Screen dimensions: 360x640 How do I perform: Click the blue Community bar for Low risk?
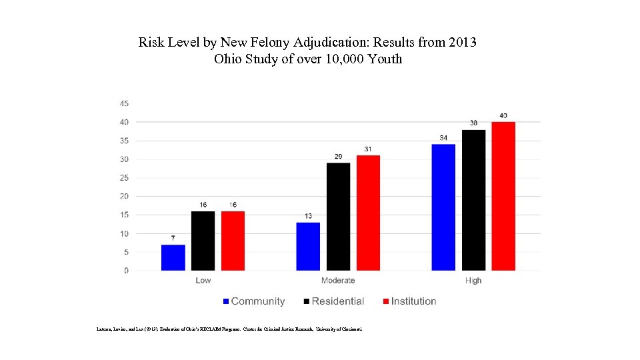click(x=173, y=257)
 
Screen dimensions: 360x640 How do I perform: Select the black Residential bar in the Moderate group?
click(x=338, y=217)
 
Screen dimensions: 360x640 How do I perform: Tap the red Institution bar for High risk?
click(x=503, y=196)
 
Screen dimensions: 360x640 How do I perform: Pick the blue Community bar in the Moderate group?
click(x=308, y=246)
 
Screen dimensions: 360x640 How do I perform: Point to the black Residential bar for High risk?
click(x=473, y=200)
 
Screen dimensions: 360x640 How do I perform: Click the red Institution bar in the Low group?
click(x=233, y=241)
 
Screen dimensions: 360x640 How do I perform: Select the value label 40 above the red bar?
click(x=503, y=116)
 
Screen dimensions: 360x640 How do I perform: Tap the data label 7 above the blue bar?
click(x=173, y=238)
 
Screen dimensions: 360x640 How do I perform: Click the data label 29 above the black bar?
click(x=338, y=157)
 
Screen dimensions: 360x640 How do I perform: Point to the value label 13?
click(x=308, y=216)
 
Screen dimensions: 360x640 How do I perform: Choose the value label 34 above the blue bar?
click(x=443, y=138)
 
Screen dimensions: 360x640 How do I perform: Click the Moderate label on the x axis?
click(x=338, y=281)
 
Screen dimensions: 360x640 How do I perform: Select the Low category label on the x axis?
click(x=203, y=281)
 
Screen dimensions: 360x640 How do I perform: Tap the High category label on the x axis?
click(x=473, y=281)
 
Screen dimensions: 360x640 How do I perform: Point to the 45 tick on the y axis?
click(x=125, y=103)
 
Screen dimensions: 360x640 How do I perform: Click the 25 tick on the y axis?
click(x=125, y=178)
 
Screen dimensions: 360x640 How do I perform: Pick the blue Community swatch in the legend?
click(x=227, y=301)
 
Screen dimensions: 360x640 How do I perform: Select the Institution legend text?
click(x=413, y=301)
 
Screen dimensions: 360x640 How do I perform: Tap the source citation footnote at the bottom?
click(x=229, y=329)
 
